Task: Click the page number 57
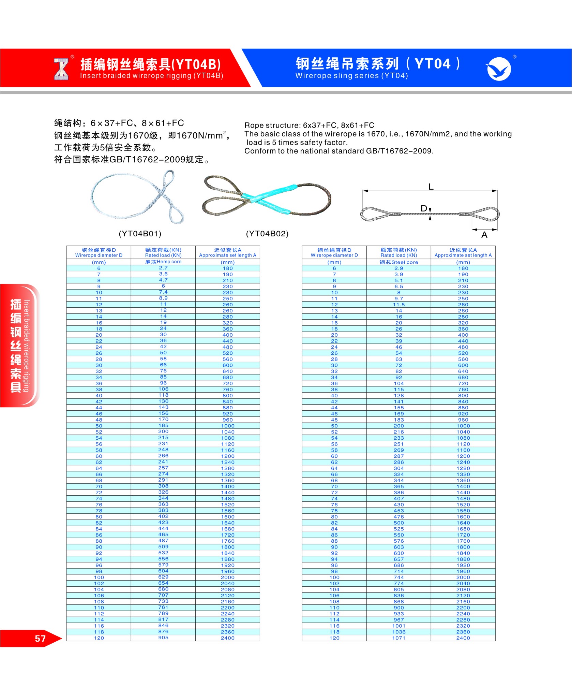click(40, 639)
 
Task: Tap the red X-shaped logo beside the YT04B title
click(61, 69)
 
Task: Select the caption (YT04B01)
click(140, 234)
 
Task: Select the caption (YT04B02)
click(267, 234)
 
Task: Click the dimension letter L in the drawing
click(431, 187)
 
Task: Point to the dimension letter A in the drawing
click(484, 235)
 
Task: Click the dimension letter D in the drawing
click(424, 208)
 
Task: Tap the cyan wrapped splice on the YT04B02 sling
click(269, 199)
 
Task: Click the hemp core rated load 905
click(163, 638)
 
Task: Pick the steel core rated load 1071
click(398, 638)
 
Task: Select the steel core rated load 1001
click(398, 626)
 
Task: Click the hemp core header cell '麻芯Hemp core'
click(163, 262)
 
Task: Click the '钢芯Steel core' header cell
click(398, 262)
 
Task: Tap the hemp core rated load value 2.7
click(163, 268)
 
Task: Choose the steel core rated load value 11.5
click(398, 305)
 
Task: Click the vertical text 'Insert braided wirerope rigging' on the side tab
click(27, 346)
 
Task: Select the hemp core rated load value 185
click(163, 425)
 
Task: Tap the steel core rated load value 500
click(398, 523)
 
